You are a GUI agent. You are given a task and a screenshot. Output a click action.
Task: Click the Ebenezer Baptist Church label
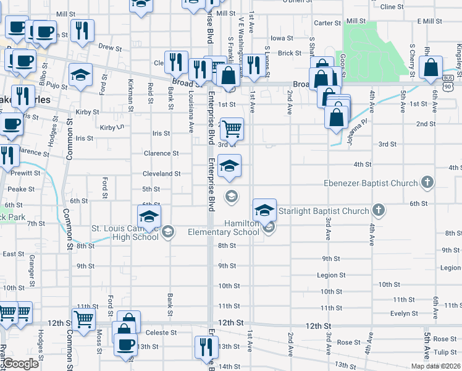click(x=371, y=183)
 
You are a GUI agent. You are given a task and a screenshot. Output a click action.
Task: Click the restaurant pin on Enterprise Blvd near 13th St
click(x=204, y=347)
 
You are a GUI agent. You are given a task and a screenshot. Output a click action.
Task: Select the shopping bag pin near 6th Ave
click(x=431, y=67)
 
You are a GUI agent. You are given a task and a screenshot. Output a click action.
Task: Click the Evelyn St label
click(x=405, y=313)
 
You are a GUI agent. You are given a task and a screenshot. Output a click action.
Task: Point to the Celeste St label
click(x=161, y=332)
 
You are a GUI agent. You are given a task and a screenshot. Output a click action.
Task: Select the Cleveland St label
click(x=161, y=174)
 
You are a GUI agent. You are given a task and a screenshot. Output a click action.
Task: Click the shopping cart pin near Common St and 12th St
click(x=83, y=320)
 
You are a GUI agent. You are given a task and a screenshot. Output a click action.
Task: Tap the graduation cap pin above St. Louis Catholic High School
click(x=149, y=217)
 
